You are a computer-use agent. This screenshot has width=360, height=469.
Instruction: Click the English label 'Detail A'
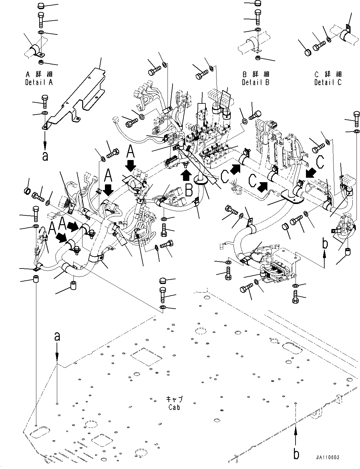pyautogui.click(x=39, y=82)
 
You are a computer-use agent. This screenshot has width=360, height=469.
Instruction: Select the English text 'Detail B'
pyautogui.click(x=256, y=82)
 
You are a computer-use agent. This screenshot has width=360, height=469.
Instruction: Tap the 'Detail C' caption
pyautogui.click(x=328, y=82)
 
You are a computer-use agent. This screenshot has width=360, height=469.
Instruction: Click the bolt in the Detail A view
pyautogui.click(x=41, y=20)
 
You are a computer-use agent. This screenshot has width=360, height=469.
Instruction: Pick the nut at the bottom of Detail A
pyautogui.click(x=41, y=61)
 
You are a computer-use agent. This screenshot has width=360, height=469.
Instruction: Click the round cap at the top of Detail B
pyautogui.click(x=258, y=4)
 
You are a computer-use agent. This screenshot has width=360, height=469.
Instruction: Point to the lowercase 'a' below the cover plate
pyautogui.click(x=45, y=156)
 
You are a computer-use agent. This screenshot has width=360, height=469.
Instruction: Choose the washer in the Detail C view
pyautogui.click(x=329, y=40)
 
